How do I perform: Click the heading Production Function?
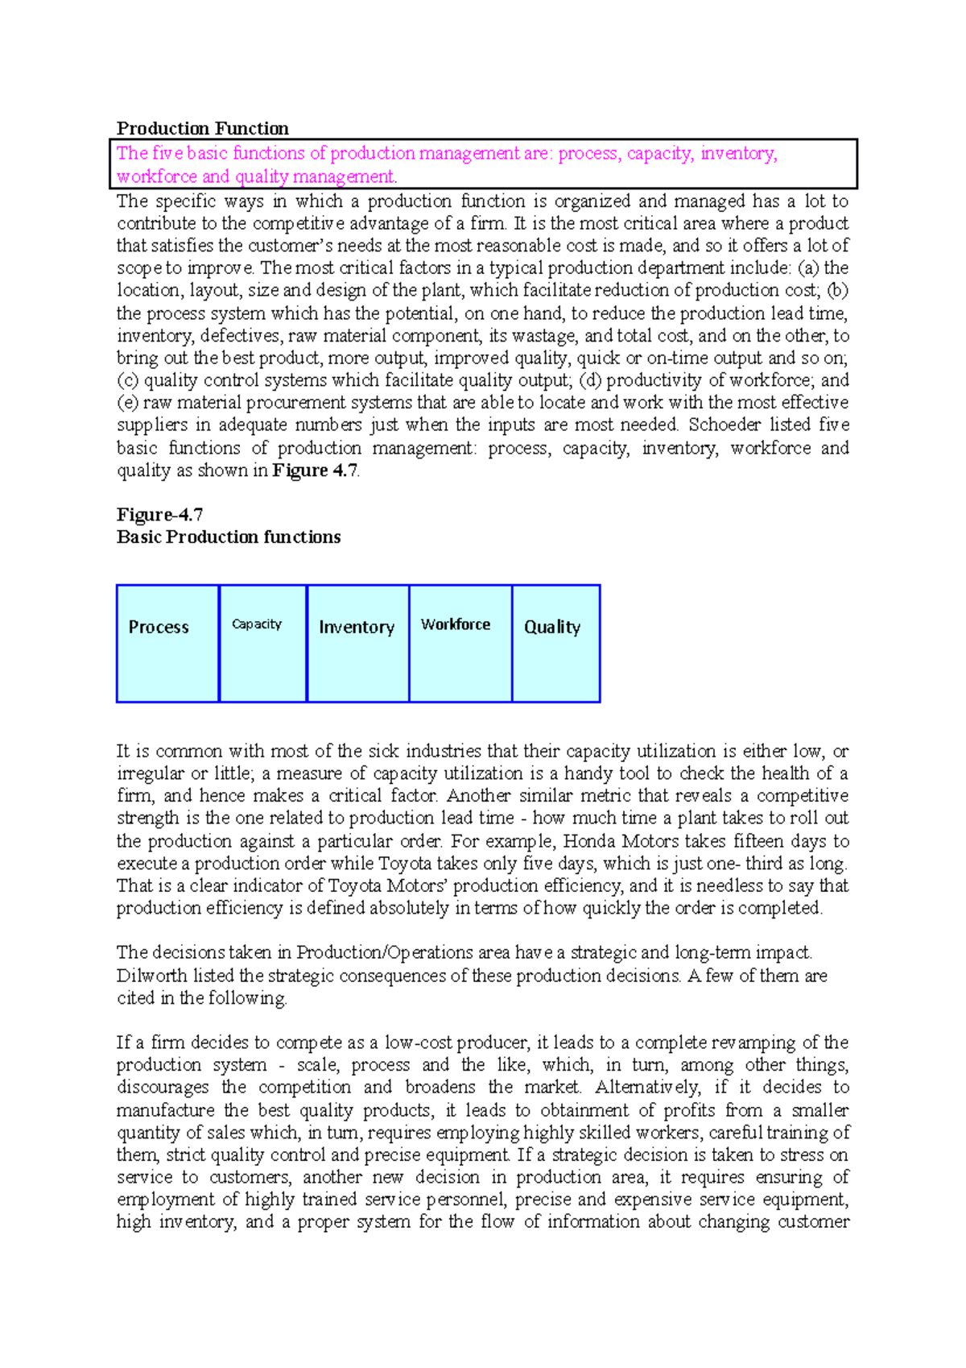point(202,129)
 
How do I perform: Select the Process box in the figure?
point(167,643)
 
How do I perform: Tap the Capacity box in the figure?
point(262,643)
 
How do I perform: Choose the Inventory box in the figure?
point(357,643)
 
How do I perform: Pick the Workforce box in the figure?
point(460,643)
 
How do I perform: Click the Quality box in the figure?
point(555,643)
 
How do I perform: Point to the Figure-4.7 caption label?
point(159,515)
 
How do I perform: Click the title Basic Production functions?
point(229,537)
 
